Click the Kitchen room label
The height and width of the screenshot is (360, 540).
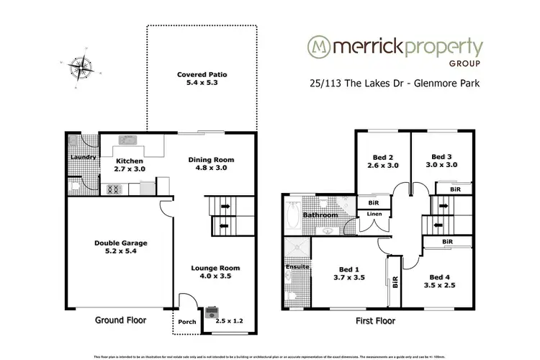tap(130, 165)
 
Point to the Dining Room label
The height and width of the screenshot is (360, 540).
tap(212, 164)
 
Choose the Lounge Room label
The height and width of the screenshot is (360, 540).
tap(215, 272)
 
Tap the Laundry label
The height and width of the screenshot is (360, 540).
tap(83, 157)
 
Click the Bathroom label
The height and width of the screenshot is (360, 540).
tap(320, 215)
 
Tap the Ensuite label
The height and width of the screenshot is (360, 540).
tap(297, 267)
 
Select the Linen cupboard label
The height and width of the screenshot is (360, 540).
tap(374, 215)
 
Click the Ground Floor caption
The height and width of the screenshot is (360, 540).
tap(121, 319)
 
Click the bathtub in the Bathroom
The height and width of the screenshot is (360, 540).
tap(293, 215)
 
